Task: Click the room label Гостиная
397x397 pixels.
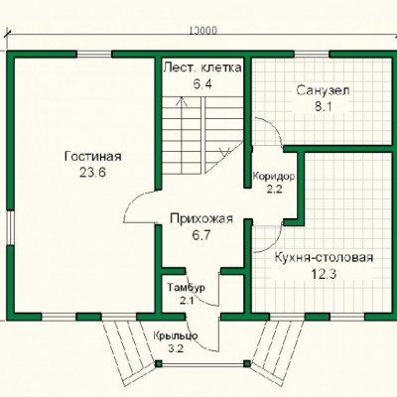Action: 93,156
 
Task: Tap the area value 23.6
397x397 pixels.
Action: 92,173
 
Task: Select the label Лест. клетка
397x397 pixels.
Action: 202,67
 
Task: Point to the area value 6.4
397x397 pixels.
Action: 202,84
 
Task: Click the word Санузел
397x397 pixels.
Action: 323,90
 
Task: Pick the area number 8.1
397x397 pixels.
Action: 323,107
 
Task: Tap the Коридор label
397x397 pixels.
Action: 274,176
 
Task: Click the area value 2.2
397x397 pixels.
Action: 274,190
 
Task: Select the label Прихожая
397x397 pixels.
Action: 201,218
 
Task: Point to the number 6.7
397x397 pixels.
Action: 201,235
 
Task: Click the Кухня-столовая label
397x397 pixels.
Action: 324,257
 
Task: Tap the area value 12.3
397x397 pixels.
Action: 324,274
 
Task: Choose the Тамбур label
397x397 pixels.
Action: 186,288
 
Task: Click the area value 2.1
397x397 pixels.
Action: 187,301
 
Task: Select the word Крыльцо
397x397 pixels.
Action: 176,336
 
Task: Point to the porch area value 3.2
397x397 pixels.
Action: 176,348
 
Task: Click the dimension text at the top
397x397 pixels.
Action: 203,31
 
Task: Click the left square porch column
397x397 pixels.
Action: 159,364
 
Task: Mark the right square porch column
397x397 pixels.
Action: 247,363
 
